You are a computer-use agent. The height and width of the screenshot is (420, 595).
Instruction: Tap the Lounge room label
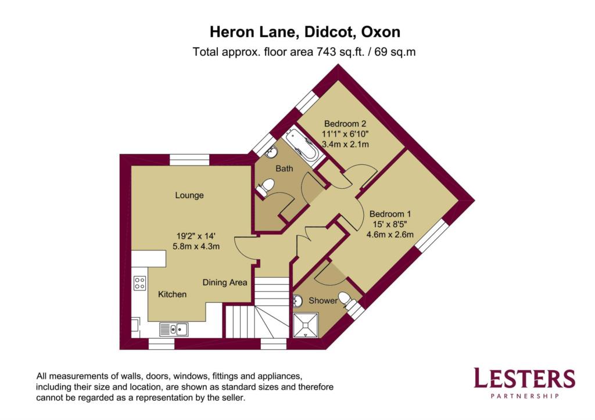pyautogui.click(x=189, y=195)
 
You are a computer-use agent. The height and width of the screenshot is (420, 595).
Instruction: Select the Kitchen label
pyautogui.click(x=172, y=295)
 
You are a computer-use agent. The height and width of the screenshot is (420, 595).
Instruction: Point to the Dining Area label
pyautogui.click(x=225, y=283)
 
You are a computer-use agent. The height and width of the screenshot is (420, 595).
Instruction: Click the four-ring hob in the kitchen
pyautogui.click(x=139, y=283)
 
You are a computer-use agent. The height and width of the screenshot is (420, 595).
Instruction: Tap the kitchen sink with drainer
pyautogui.click(x=173, y=329)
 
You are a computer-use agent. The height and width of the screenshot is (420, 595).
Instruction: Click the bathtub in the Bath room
pyautogui.click(x=303, y=148)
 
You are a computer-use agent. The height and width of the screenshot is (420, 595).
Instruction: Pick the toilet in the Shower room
pyautogui.click(x=347, y=300)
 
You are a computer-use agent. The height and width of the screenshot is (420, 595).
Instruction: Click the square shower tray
pyautogui.click(x=306, y=325)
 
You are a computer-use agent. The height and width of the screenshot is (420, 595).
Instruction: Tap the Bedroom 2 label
pyautogui.click(x=345, y=124)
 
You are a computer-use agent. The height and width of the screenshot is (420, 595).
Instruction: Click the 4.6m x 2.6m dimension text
pyautogui.click(x=390, y=235)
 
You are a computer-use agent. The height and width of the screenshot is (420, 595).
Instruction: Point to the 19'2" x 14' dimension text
pyautogui.click(x=196, y=236)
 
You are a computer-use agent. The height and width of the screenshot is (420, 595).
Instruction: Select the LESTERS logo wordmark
pyautogui.click(x=525, y=378)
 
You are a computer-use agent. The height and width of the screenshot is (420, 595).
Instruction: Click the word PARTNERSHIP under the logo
pyautogui.click(x=525, y=396)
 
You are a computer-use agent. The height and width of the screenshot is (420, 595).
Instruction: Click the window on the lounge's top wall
pyautogui.click(x=189, y=160)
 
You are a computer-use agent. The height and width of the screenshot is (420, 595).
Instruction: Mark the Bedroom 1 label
pyautogui.click(x=390, y=214)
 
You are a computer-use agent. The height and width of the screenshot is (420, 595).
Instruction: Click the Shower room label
pyautogui.click(x=323, y=301)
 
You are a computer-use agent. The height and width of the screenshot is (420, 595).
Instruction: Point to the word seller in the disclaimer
pyautogui.click(x=233, y=398)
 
